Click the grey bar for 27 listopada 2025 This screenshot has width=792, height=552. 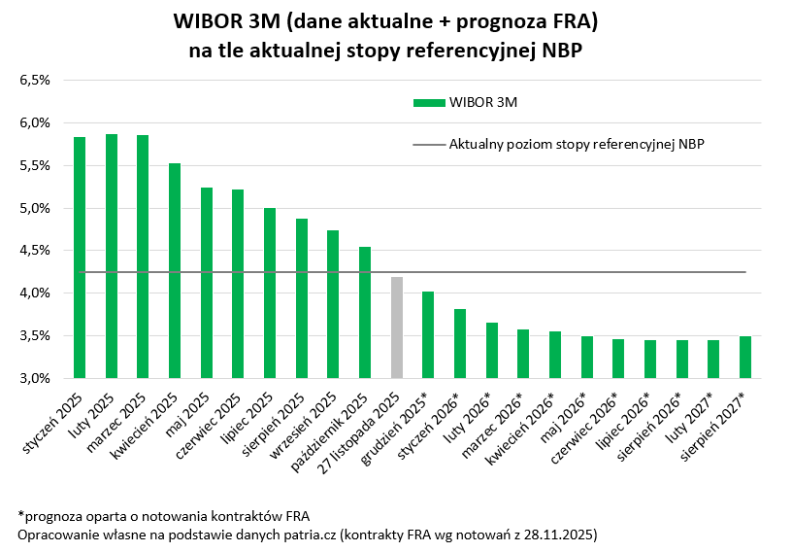tap(396, 328)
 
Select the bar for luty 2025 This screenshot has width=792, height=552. tap(112, 256)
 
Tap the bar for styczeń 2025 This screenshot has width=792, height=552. tap(80, 258)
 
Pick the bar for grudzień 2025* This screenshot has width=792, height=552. tap(428, 334)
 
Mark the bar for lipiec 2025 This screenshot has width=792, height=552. tap(270, 293)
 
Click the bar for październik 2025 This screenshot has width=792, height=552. tap(365, 312)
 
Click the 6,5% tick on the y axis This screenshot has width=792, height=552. tap(35, 80)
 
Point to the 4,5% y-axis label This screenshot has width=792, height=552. tap(35, 251)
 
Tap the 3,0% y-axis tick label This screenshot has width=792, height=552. tap(35, 379)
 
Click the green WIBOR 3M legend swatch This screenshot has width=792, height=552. tap(428, 102)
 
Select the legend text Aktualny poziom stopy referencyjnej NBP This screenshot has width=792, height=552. tap(577, 144)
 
